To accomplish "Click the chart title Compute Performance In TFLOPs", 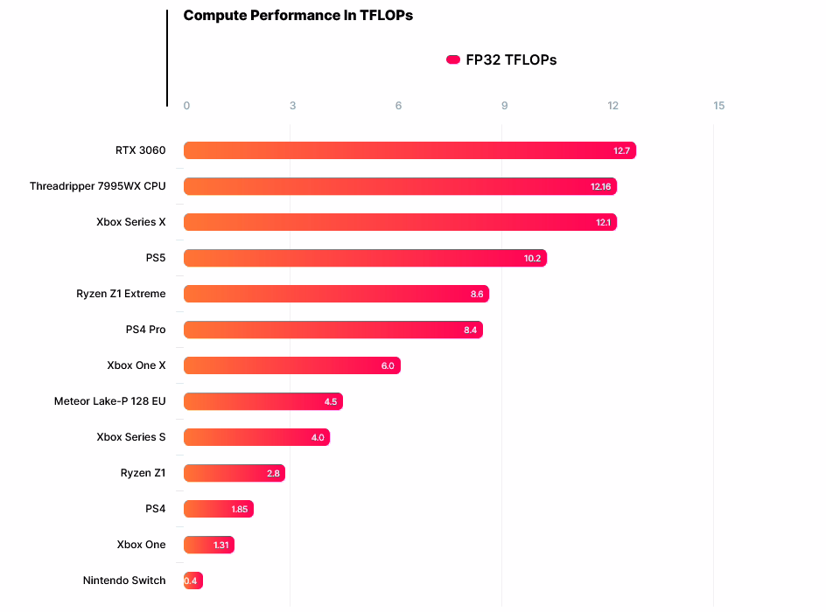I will coord(297,16).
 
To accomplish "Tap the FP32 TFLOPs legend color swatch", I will coord(453,59).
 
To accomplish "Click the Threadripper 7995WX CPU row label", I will coord(97,186).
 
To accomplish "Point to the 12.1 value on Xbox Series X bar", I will coord(604,222).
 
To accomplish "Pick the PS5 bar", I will coord(365,258).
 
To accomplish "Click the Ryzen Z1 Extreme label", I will coord(121,294).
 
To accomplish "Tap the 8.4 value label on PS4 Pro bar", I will coord(470,330).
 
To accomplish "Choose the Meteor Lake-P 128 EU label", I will coord(109,401).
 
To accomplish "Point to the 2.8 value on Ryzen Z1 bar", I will coord(273,473).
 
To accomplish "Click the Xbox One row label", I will coord(141,545).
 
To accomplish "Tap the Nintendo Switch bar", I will coord(193,581).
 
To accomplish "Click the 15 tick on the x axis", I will coord(719,106).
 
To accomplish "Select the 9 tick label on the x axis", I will coord(505,106).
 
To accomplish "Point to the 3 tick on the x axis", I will coord(292,106).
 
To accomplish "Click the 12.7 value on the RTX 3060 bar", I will coord(622,151).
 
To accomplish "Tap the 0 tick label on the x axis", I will coord(186,106).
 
